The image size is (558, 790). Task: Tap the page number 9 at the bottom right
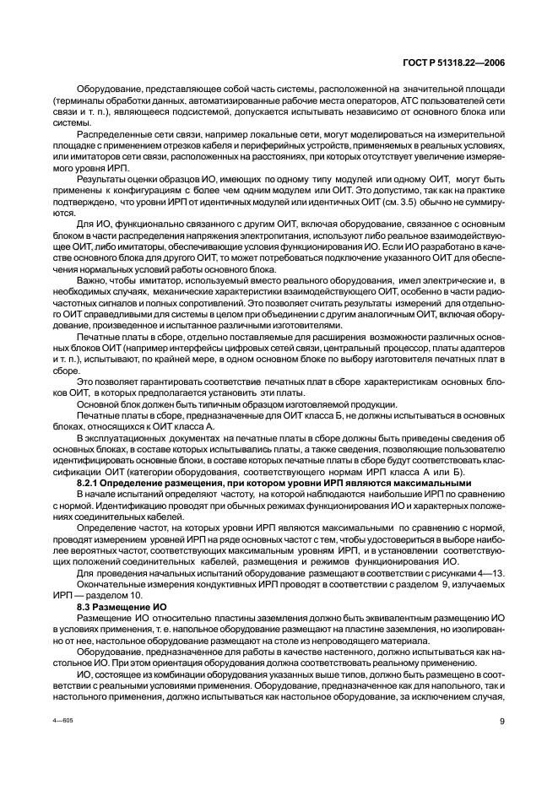(x=501, y=745)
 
